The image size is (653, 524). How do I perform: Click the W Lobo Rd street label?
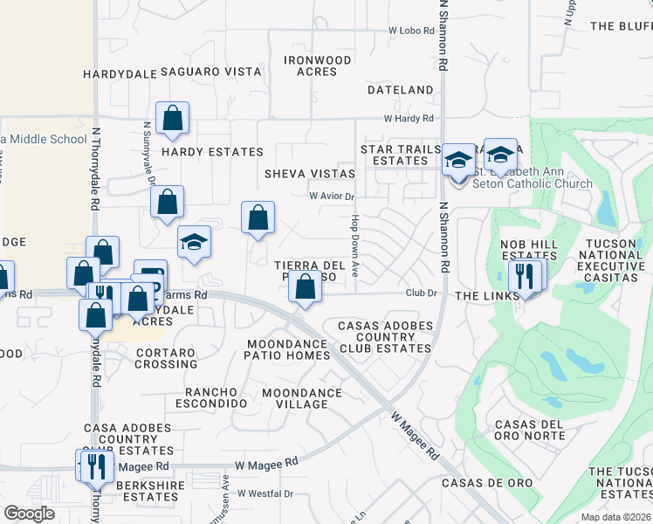tap(411, 31)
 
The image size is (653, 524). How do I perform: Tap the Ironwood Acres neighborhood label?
tap(317, 65)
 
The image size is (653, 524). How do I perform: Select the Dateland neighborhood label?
tap(400, 90)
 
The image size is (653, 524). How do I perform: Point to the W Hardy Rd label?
tap(409, 119)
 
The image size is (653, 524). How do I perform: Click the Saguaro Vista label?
tap(210, 72)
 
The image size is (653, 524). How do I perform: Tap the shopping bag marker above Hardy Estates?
tap(173, 119)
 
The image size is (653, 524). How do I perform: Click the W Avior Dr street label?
tap(332, 196)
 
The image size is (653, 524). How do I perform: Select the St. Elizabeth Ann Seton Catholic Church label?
tap(531, 178)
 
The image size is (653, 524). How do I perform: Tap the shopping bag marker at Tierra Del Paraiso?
tap(305, 287)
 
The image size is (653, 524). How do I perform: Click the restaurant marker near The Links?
tap(525, 276)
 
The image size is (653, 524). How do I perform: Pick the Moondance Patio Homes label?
tap(288, 349)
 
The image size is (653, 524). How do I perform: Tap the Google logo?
tap(29, 514)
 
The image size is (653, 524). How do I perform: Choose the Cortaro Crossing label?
tap(166, 358)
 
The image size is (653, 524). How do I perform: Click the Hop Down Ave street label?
tap(355, 246)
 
